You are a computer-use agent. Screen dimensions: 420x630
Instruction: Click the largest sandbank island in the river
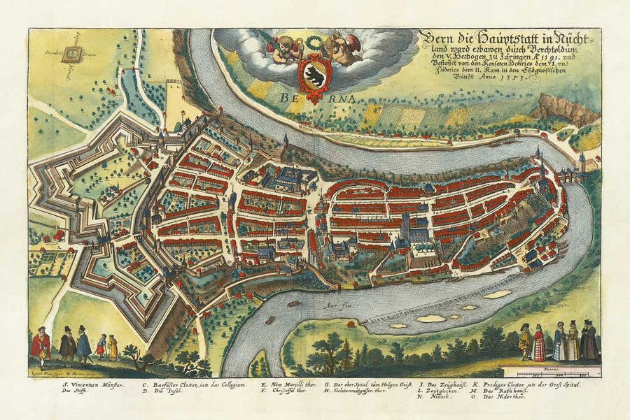point(498,294)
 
